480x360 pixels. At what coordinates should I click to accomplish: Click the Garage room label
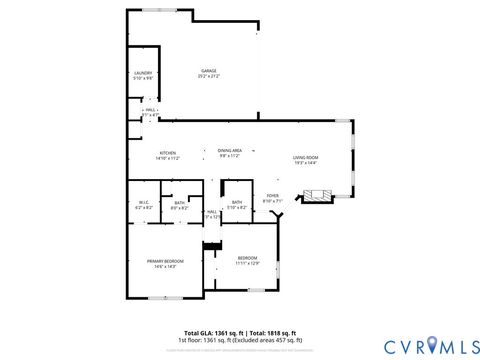(x=208, y=70)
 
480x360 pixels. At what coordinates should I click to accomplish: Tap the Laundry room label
(x=142, y=74)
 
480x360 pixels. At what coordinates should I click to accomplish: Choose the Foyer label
(x=272, y=196)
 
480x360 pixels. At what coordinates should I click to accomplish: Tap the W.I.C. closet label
(x=143, y=203)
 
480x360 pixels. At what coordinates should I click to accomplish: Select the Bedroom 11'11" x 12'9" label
(x=247, y=259)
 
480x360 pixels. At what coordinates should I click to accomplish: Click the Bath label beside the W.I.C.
(x=180, y=203)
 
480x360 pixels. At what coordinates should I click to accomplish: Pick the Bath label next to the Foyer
(x=237, y=203)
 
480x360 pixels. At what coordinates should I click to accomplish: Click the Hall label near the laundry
(x=150, y=111)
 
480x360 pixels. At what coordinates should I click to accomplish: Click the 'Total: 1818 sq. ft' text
(x=273, y=332)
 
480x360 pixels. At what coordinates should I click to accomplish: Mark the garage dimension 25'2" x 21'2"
(x=208, y=76)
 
